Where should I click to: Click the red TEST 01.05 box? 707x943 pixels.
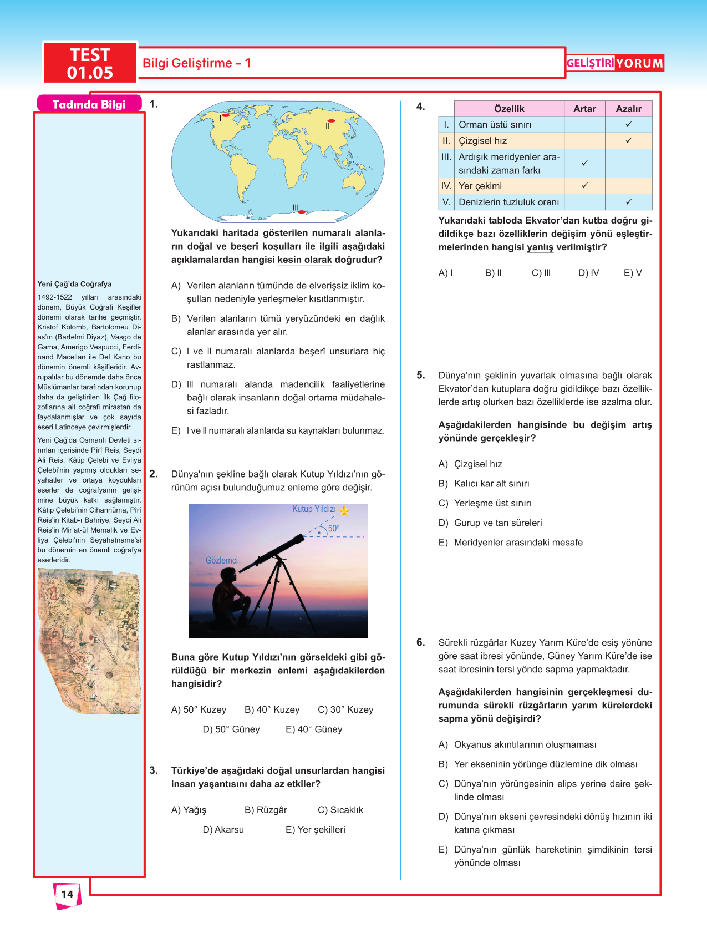[x=90, y=63]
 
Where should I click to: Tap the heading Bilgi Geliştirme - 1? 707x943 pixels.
[x=197, y=63]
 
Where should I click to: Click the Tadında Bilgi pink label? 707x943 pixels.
[x=89, y=104]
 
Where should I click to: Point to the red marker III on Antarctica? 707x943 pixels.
[x=301, y=212]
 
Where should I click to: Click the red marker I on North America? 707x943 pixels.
[x=225, y=115]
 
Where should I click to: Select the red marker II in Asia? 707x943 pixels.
[x=331, y=120]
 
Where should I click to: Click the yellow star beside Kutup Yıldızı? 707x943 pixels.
[x=344, y=510]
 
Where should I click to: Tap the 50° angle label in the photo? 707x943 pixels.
[x=333, y=529]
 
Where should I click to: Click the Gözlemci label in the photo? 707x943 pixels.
[x=221, y=560]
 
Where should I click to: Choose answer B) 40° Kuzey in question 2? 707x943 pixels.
[x=272, y=709]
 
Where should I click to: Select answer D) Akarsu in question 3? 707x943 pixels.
[x=223, y=829]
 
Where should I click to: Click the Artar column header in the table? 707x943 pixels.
[x=584, y=109]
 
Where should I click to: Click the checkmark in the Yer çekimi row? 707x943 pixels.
[x=584, y=186]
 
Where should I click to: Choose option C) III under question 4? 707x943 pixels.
[x=541, y=273]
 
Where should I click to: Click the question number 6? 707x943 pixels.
[x=421, y=642]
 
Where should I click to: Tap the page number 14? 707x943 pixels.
[x=67, y=894]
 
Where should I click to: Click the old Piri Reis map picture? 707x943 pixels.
[x=89, y=641]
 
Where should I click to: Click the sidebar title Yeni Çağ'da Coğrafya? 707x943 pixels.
[x=74, y=284]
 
